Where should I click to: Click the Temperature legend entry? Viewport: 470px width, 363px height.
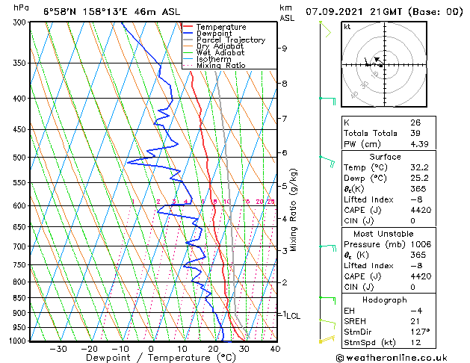(220, 27)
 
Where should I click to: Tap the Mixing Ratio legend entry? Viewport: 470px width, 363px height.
(220, 66)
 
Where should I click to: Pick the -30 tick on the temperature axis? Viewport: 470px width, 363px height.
(57, 348)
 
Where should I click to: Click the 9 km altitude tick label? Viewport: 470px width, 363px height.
(285, 49)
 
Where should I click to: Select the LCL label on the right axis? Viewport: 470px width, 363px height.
(293, 316)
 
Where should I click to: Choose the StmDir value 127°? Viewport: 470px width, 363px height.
(419, 332)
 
